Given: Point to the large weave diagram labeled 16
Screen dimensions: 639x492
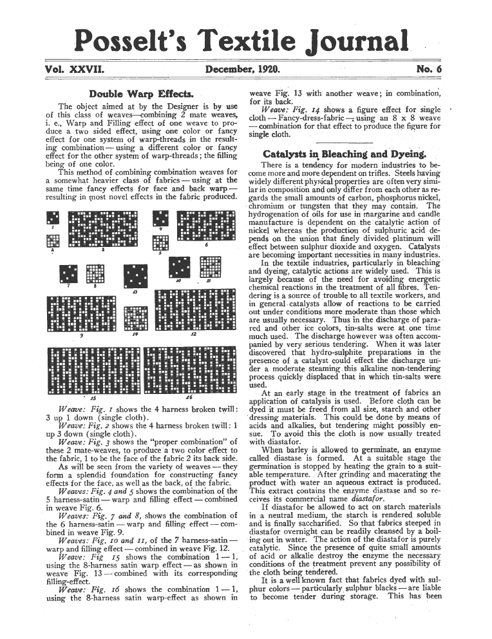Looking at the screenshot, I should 191,370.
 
